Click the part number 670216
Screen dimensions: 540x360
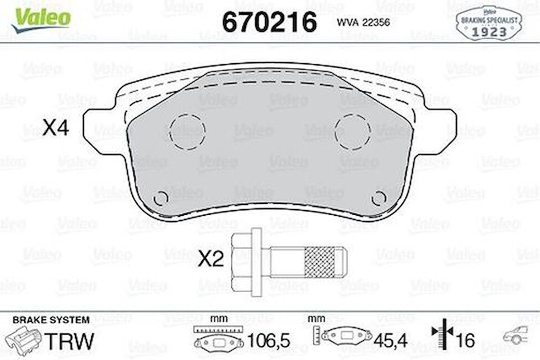point(269,22)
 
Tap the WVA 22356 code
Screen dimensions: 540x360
point(363,22)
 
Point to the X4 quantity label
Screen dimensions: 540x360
point(55,128)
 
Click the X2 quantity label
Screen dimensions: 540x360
point(211,259)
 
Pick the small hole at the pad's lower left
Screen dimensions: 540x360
point(161,198)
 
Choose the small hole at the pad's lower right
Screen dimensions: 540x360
point(378,198)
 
